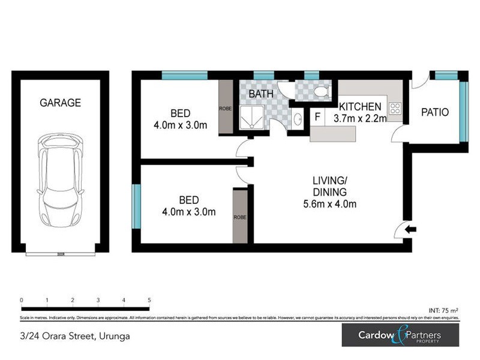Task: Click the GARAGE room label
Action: (60, 103)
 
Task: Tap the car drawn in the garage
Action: (60, 179)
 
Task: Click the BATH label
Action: (261, 94)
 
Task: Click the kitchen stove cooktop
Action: (396, 109)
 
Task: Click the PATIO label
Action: (435, 112)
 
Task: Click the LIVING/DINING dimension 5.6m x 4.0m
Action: (329, 204)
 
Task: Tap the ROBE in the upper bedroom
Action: (225, 109)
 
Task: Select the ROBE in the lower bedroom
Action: (240, 216)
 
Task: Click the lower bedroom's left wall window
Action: (136, 206)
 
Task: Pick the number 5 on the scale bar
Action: (149, 299)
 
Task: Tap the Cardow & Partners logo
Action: (400, 335)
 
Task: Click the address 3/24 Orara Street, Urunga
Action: (75, 336)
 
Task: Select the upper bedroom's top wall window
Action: (184, 76)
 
